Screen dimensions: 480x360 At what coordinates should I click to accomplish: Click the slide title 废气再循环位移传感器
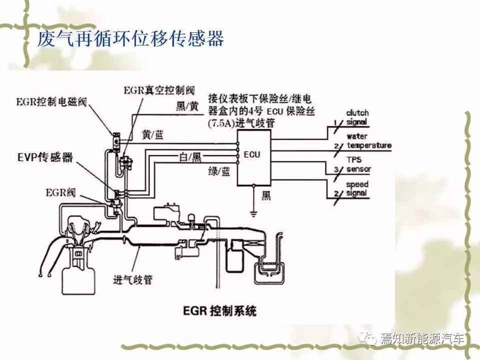130,38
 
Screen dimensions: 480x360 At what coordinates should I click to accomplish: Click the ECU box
254,157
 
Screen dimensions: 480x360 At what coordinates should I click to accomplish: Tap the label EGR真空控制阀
159,90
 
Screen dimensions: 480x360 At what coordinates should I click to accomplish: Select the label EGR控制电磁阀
51,102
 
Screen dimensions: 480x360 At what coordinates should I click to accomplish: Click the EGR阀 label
60,192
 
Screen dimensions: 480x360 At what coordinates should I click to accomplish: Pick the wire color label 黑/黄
187,106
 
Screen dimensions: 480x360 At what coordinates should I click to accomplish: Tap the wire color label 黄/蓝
153,134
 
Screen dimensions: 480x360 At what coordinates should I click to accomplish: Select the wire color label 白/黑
190,157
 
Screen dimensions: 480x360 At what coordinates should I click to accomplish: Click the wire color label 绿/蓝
219,171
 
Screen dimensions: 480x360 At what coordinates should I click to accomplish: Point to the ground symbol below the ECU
253,213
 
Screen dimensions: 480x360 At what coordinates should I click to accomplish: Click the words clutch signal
357,117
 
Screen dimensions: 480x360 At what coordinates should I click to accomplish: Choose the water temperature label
369,141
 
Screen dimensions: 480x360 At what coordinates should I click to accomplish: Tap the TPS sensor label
358,164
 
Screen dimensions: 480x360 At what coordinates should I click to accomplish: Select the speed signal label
357,188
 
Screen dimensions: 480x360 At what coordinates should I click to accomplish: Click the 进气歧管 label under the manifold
133,279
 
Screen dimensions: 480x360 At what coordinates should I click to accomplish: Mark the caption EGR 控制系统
219,310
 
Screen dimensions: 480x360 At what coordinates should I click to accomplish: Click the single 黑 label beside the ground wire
266,195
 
